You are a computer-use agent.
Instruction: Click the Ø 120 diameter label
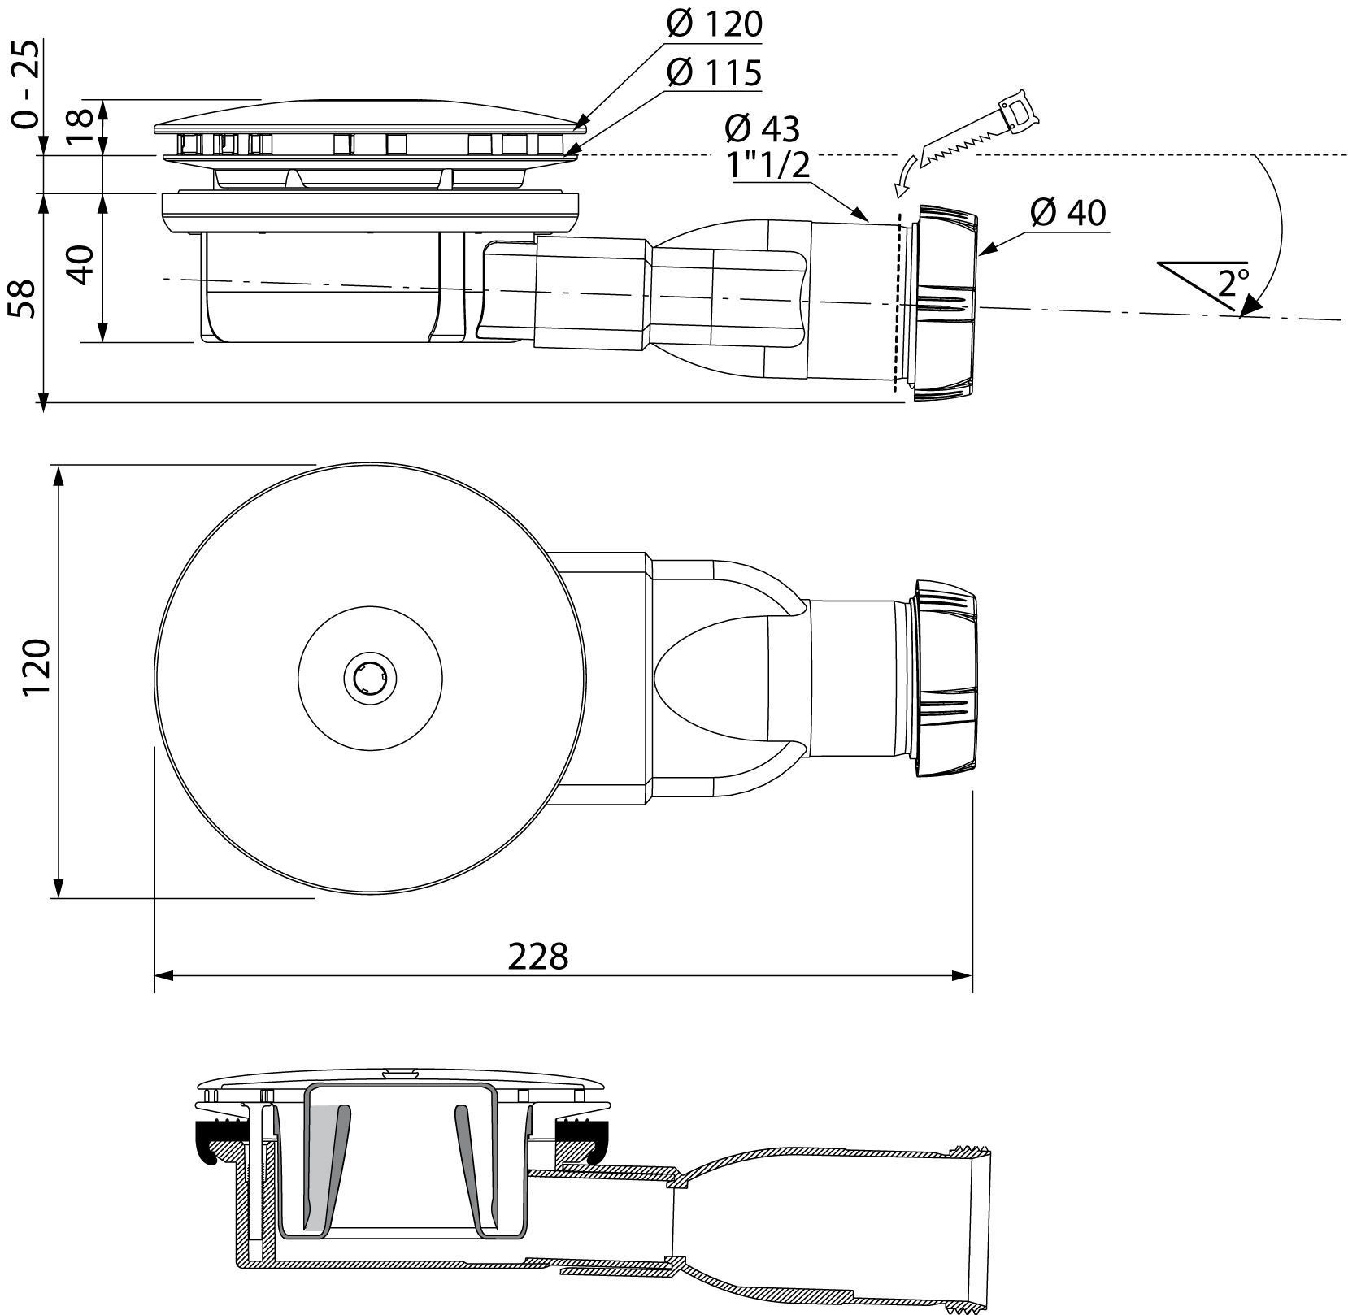(714, 24)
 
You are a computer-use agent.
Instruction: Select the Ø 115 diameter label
(714, 72)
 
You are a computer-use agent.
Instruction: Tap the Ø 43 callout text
(762, 128)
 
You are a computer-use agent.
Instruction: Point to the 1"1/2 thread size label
(768, 166)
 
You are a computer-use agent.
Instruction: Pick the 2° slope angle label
(1233, 283)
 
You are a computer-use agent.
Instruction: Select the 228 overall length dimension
(537, 957)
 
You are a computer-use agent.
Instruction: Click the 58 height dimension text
(23, 298)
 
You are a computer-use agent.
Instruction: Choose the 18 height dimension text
(80, 126)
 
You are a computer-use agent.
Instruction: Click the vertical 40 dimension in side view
(81, 264)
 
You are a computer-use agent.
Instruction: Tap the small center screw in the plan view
(369, 676)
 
